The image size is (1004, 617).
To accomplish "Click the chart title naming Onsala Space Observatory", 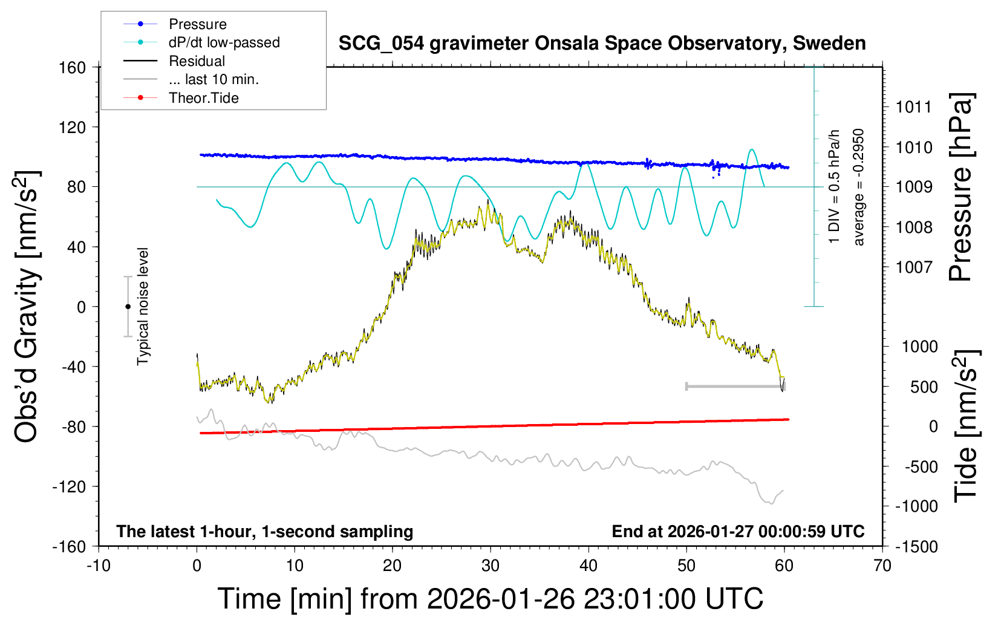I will pos(602,44).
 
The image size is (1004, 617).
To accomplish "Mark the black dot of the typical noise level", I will pos(128,307).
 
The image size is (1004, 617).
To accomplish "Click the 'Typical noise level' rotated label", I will pos(143,307).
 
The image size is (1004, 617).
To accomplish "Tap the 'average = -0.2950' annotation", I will pos(858,188).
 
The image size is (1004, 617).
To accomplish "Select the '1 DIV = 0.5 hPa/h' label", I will pos(835,186).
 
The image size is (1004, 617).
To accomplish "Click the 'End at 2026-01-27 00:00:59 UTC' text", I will pos(738,532).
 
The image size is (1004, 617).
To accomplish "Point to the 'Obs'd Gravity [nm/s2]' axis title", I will pos(27,307).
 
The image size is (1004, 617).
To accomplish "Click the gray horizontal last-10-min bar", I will pos(735,386).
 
